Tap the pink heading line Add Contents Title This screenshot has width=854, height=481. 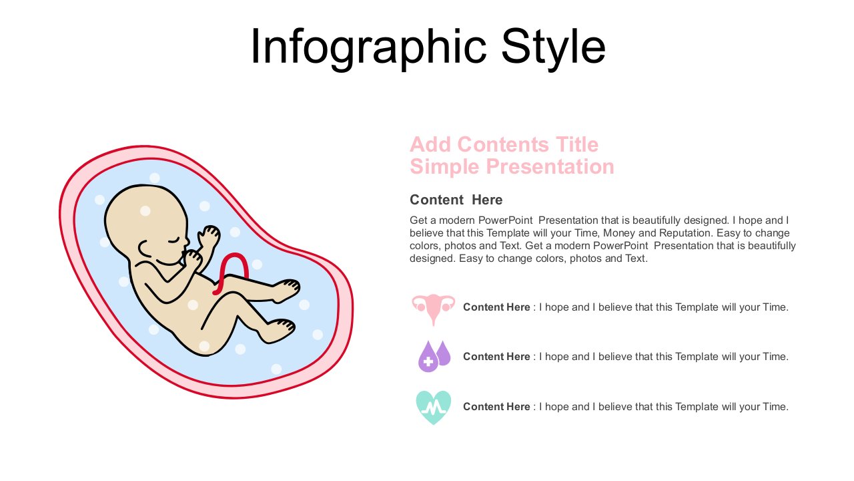(504, 145)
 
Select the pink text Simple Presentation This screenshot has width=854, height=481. (512, 167)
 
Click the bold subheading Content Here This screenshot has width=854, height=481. (456, 200)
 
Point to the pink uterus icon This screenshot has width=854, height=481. (434, 309)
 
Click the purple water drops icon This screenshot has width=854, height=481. (434, 356)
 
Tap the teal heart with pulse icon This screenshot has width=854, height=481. (434, 408)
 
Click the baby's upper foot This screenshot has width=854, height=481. (286, 289)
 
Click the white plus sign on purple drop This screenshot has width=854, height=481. (428, 361)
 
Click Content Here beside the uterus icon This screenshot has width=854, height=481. (496, 307)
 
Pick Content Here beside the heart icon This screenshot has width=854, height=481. (496, 407)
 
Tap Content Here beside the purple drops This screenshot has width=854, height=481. (496, 357)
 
